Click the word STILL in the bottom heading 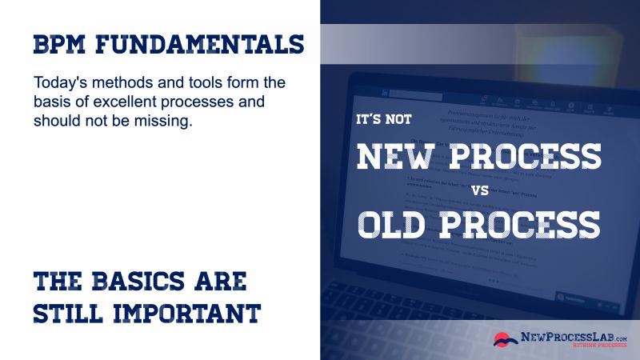coord(62,312)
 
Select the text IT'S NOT coord(384,120)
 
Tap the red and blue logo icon coord(503,340)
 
